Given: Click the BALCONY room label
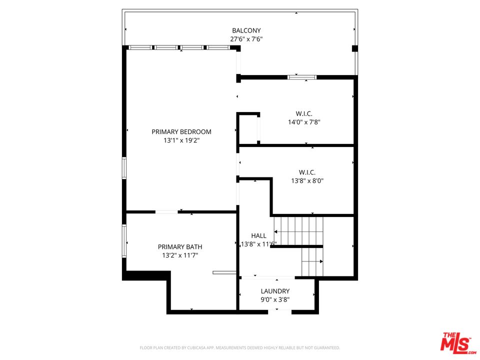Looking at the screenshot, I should click(x=246, y=30).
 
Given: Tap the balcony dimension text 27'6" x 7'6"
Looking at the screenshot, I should click(x=246, y=39).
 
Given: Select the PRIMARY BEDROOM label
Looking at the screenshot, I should click(x=181, y=132).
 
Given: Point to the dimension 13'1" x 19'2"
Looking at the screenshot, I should click(x=181, y=140).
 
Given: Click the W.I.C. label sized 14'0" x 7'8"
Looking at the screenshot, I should click(x=304, y=113).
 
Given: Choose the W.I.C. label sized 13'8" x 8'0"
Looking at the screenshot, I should click(x=307, y=172).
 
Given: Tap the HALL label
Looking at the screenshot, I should click(x=258, y=235).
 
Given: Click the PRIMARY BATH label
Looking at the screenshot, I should click(x=180, y=247).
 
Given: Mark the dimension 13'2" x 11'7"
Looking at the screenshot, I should click(x=180, y=255).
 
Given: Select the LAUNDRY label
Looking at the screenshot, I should click(x=275, y=291).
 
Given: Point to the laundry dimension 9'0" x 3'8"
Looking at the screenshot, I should click(x=275, y=300).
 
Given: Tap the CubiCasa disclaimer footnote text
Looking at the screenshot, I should click(x=240, y=347).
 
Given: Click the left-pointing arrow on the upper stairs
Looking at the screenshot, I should click(x=276, y=231).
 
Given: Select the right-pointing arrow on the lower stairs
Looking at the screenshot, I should click(x=320, y=261).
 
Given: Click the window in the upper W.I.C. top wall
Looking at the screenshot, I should click(x=302, y=77).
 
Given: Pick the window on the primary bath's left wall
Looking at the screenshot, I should click(x=124, y=241).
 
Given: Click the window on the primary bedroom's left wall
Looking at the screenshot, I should click(x=124, y=168).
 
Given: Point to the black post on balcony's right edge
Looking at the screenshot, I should click(x=355, y=48).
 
